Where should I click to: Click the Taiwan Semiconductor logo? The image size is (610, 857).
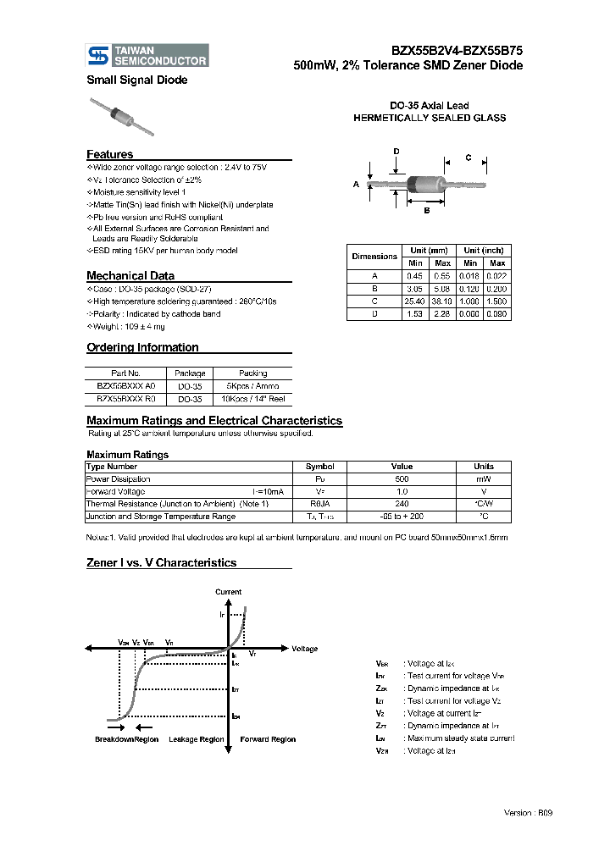147,56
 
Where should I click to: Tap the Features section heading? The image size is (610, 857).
109,154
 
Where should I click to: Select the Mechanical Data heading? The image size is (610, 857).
130,275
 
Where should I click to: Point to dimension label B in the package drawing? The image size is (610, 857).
426,211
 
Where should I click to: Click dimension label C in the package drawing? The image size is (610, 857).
469,158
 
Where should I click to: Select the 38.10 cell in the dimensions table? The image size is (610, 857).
442,300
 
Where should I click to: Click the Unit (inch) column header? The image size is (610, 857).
484,251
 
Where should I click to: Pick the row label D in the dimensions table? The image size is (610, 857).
374,313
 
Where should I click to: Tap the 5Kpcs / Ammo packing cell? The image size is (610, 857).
252,384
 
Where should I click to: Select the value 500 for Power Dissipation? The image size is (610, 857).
402,478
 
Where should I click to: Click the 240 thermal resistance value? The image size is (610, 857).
402,503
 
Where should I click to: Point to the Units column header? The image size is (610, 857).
483,467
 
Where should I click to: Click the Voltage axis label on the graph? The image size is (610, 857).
304,649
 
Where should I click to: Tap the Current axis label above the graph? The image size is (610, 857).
228,592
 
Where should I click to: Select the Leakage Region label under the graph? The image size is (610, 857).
197,739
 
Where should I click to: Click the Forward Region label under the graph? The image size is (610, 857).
268,739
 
